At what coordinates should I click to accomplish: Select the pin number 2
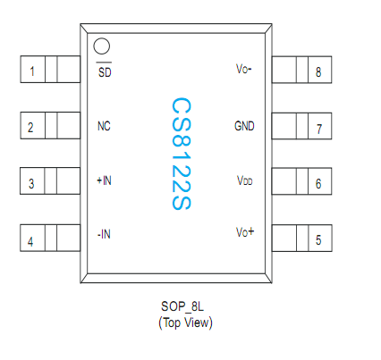32,127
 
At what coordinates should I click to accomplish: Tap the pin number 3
32,184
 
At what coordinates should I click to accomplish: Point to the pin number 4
32,241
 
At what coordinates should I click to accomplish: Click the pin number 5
318,240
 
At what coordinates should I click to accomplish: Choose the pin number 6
318,184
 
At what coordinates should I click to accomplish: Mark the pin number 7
318,128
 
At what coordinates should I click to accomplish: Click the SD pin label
105,71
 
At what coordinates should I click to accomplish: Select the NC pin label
104,126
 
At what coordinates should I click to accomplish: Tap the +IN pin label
104,180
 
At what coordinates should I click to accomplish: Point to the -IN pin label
104,235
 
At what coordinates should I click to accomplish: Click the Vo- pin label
244,71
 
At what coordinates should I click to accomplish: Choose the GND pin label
244,126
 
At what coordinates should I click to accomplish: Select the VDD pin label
244,180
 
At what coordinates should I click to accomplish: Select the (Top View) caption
185,322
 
